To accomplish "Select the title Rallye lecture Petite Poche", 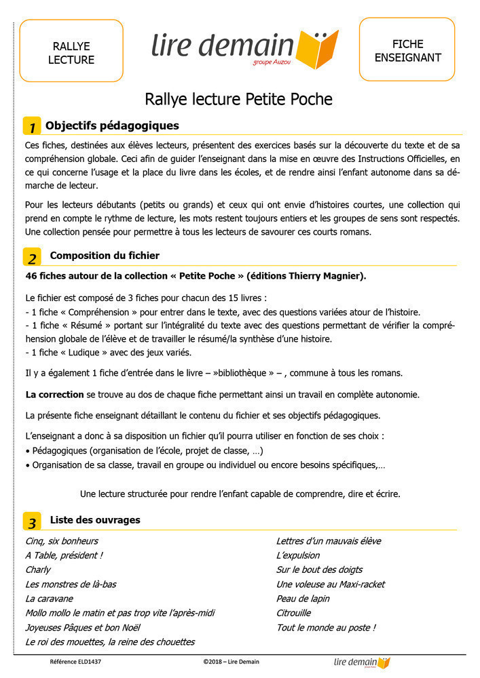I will (238, 100).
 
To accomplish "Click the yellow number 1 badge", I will (31, 127).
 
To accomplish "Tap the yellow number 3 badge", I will (32, 521).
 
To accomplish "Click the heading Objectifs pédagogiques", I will (112, 126).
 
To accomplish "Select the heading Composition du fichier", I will (105, 256).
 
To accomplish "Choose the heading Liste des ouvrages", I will (95, 520).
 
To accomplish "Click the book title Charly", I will (38, 570).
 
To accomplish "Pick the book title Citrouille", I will (294, 614).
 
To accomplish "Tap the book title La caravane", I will (49, 599).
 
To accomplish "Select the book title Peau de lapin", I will (303, 599).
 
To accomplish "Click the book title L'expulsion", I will (298, 556).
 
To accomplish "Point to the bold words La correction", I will (54, 395).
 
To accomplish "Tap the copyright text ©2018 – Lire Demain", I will (231, 662).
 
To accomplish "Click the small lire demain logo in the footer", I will (362, 662).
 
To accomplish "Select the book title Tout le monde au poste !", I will (326, 628).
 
